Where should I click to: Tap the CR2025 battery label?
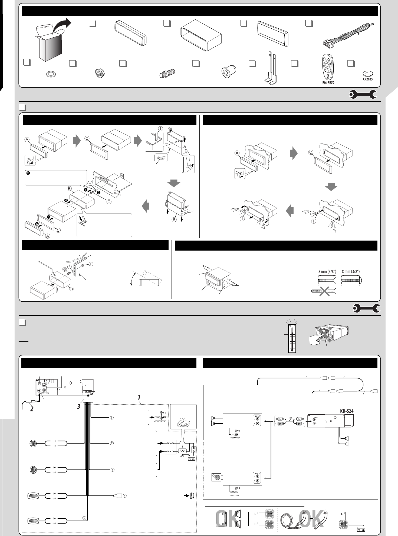(367, 79)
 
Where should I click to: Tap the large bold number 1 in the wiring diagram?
(139, 397)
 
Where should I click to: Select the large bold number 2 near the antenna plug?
(32, 409)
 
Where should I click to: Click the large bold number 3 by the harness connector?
(79, 406)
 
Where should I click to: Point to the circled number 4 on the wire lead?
(125, 496)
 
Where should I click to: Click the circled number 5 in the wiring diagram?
(84, 518)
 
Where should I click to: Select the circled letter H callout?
(90, 184)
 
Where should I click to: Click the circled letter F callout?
(91, 264)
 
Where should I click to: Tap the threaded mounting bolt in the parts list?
(167, 73)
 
